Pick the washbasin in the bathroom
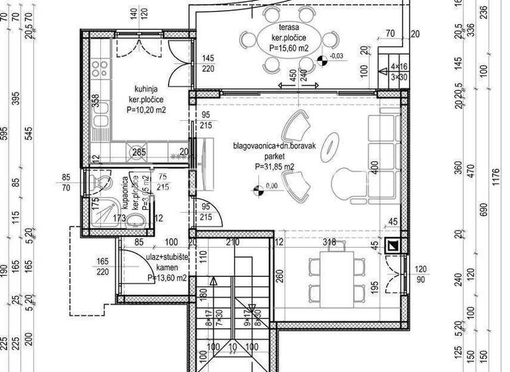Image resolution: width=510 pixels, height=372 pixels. (x=135, y=220)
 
